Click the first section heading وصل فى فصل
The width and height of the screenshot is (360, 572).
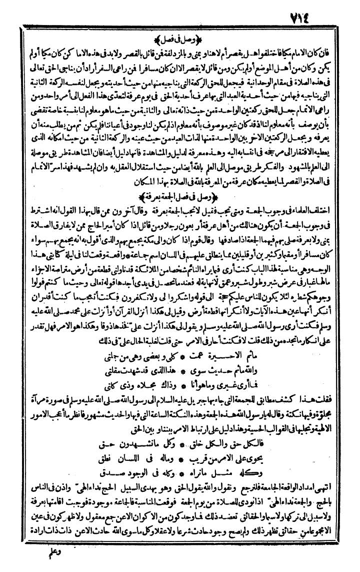point(180,38)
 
